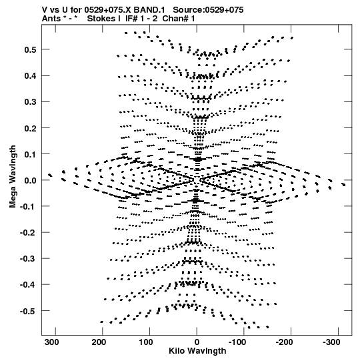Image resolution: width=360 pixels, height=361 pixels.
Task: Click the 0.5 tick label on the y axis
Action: coord(30,49)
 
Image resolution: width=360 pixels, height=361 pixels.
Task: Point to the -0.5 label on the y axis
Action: coord(28,311)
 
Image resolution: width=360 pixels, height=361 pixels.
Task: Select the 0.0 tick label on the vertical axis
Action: coord(30,180)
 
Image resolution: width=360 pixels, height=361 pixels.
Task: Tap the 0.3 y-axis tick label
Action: coord(30,102)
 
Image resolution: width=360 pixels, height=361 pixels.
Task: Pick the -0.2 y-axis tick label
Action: coord(28,233)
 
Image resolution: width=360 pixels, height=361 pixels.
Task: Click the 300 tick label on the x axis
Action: coord(51,342)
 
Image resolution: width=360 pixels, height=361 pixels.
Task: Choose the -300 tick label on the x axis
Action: coord(331,342)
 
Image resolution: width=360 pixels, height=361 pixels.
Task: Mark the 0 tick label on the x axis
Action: coord(197,342)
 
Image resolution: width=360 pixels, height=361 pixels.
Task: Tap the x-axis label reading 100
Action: coord(146,342)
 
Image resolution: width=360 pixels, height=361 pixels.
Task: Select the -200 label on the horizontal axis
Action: coord(284,342)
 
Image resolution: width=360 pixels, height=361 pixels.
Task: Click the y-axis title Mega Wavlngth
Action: coord(13,177)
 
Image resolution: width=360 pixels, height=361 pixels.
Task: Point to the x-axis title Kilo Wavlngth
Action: coord(197,351)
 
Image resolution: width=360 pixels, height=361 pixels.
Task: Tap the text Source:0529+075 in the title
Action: coord(208,10)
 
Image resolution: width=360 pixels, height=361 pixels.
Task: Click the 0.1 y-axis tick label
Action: coord(30,154)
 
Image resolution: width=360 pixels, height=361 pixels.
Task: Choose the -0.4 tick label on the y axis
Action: coord(28,285)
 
